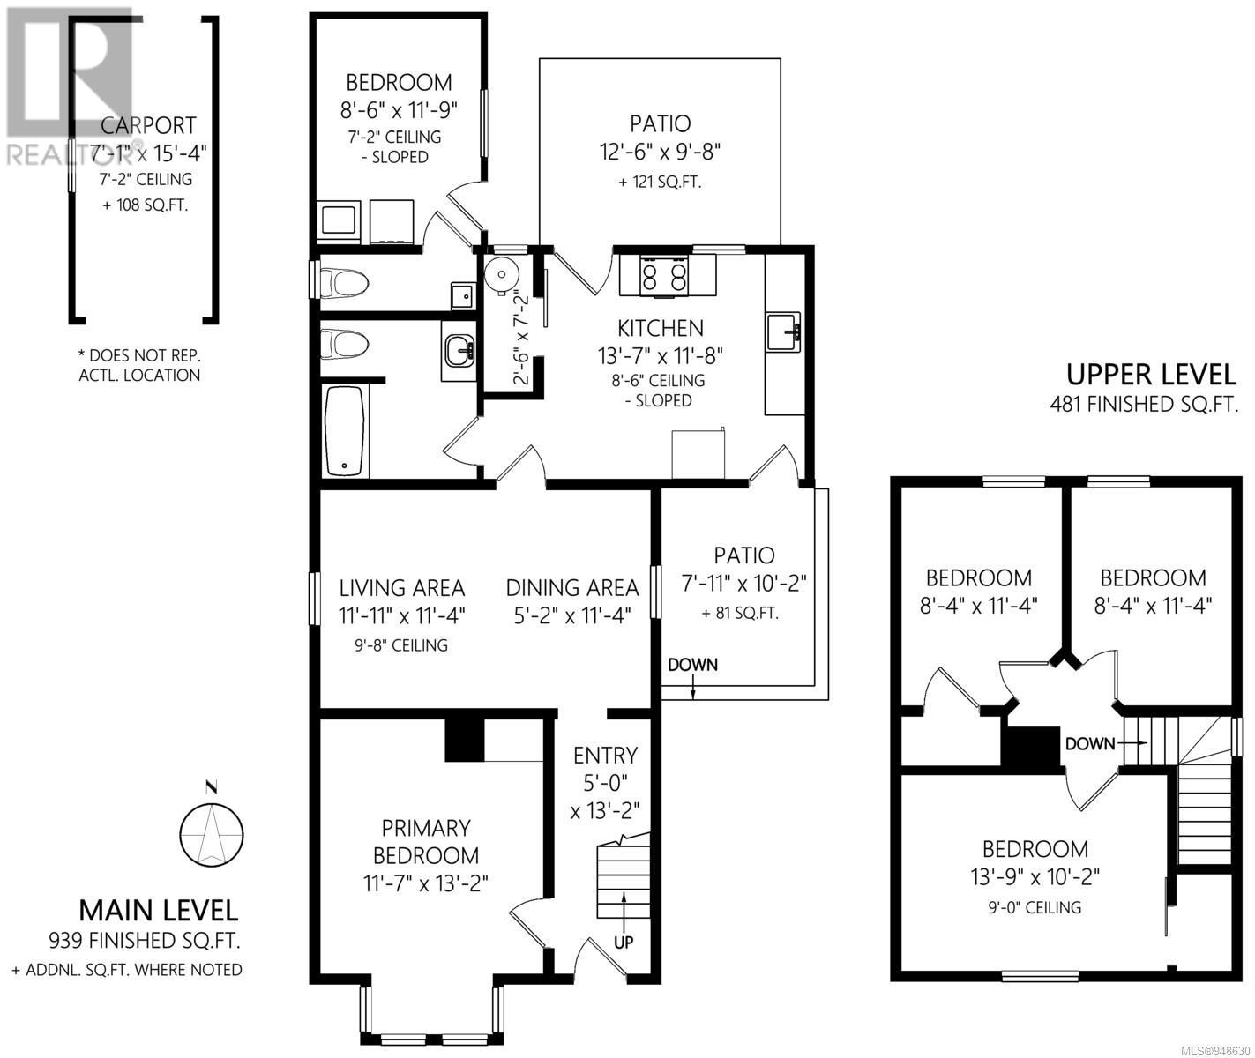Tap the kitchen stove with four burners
[664, 276]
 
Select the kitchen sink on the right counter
[782, 332]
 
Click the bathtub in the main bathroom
[345, 431]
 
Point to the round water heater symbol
[501, 275]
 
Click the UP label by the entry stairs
[624, 942]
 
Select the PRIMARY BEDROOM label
[426, 841]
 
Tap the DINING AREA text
[572, 587]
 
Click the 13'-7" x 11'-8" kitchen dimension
[660, 356]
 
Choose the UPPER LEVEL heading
[1150, 375]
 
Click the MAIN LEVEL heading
[159, 911]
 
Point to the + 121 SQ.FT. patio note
[660, 182]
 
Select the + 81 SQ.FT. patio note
[740, 614]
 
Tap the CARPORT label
[148, 125]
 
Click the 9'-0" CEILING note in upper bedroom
[1035, 907]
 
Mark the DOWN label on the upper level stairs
[1090, 744]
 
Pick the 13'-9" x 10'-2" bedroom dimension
[1035, 878]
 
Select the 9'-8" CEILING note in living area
[401, 645]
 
